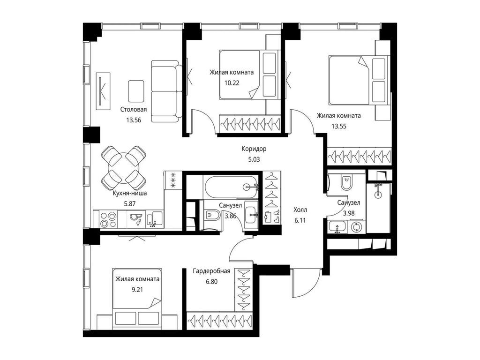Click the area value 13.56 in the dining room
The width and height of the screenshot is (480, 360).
click(x=134, y=120)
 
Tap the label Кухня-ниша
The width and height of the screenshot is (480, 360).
click(x=130, y=193)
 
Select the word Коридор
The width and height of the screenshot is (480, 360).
click(x=254, y=149)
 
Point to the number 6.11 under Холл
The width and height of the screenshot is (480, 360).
click(x=300, y=220)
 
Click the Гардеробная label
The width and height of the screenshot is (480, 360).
click(x=211, y=271)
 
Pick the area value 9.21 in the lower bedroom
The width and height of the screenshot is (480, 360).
click(x=137, y=290)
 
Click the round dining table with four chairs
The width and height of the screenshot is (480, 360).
click(x=124, y=167)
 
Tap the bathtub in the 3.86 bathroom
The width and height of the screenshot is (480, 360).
click(x=231, y=187)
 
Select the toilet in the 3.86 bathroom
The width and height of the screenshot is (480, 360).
click(x=212, y=216)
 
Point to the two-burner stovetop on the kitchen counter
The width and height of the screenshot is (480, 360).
click(x=109, y=220)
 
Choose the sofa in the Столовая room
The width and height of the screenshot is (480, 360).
click(x=165, y=91)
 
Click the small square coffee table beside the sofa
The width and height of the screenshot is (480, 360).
click(x=136, y=91)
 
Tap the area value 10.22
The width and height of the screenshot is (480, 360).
click(x=232, y=82)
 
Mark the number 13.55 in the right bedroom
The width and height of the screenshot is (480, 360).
click(x=339, y=126)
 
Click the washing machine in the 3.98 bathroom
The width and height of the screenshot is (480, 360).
click(x=356, y=227)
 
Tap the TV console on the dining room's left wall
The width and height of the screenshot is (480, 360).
click(x=103, y=91)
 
